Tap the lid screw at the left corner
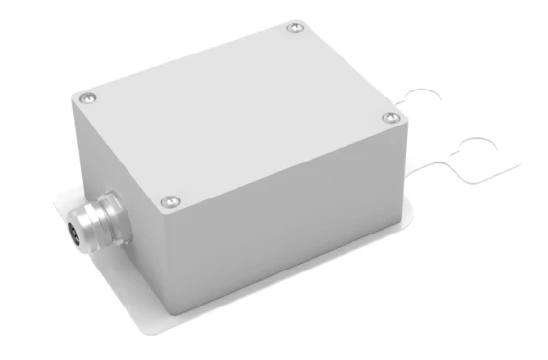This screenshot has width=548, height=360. click(88, 97)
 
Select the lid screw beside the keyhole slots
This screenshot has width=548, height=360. click(391, 117)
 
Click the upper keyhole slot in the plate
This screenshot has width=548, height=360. click(423, 99)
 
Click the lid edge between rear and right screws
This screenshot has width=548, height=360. click(347, 72)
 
